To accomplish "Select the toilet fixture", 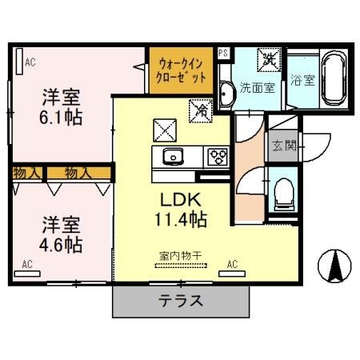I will pos(282,192).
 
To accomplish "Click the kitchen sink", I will pos(172,156).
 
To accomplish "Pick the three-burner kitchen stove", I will pos(217,156).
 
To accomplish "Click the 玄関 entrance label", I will pos(282,146).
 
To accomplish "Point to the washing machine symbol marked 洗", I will pos(270,59).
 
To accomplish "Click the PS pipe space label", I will pos(223,53).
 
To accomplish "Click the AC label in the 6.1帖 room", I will pos(30,62).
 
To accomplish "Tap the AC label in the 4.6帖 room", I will pos(28,262).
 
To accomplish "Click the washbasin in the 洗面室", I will pos(224,94).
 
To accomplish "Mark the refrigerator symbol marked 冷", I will pos(200,110).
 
